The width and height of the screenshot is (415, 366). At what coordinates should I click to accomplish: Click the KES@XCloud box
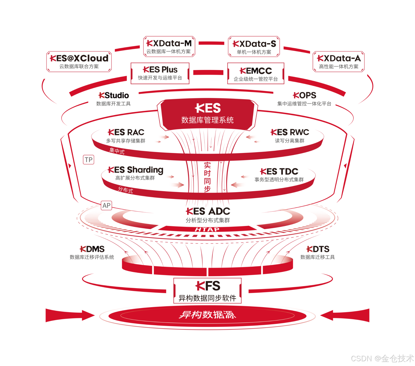pyautogui.click(x=79, y=62)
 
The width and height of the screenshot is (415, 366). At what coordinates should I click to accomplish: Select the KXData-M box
pyautogui.click(x=169, y=47)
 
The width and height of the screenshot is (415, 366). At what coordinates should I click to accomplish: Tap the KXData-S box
pyautogui.click(x=254, y=47)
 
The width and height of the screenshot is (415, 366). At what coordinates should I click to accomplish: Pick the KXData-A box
pyautogui.click(x=339, y=62)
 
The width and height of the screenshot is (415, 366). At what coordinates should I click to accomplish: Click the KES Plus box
pyautogui.click(x=160, y=73)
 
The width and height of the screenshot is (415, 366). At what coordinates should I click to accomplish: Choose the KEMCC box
pyautogui.click(x=256, y=73)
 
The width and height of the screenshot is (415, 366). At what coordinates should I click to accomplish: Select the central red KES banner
pyautogui.click(x=207, y=114)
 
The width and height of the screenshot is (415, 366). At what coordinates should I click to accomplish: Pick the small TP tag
pyautogui.click(x=89, y=160)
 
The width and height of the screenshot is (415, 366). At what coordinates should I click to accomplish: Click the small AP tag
pyautogui.click(x=106, y=206)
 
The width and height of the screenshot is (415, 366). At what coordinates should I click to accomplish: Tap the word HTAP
pyautogui.click(x=207, y=229)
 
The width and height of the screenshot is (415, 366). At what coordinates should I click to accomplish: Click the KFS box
pyautogui.click(x=207, y=291)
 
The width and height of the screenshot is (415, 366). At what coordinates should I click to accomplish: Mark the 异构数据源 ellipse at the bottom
pyautogui.click(x=207, y=315)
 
